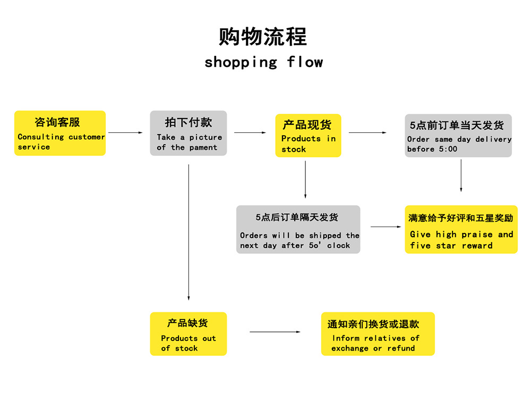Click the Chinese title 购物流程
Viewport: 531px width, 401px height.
[263, 37]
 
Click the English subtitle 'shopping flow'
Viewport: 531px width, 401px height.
[263, 62]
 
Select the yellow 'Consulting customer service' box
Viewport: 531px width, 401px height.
[60, 133]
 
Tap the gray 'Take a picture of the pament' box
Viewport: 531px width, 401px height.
[189, 133]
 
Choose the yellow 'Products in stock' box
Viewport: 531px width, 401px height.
[309, 136]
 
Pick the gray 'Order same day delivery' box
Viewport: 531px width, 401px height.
[458, 136]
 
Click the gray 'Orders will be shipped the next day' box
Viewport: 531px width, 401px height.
[298, 229]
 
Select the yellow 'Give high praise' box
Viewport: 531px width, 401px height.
[461, 229]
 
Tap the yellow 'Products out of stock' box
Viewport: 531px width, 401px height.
[189, 333]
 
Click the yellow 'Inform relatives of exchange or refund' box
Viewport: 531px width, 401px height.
[378, 333]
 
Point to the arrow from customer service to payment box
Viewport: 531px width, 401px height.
[126, 132]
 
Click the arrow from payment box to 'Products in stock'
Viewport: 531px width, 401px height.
[250, 132]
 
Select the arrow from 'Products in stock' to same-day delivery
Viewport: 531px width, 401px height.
[367, 132]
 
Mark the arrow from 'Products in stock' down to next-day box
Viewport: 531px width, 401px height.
[305, 179]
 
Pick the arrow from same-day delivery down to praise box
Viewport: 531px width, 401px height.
[461, 176]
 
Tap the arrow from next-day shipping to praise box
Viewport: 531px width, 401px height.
[386, 227]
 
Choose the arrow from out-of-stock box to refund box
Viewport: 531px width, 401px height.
[275, 332]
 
